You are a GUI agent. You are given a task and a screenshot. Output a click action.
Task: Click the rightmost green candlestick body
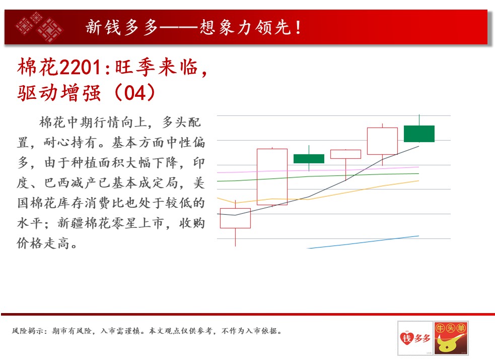419,134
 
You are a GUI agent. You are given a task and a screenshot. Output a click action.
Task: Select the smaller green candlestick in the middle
309,159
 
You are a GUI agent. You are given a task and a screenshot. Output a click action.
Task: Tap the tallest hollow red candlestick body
272,177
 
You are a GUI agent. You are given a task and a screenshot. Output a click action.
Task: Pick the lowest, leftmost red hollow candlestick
235,218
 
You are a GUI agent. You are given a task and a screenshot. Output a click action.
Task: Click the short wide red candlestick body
345,154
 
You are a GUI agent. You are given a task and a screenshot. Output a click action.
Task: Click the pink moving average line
318,170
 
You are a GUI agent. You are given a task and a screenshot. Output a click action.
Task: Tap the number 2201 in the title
80,68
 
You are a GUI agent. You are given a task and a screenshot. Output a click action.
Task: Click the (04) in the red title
135,93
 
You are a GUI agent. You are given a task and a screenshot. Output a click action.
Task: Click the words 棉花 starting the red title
38,67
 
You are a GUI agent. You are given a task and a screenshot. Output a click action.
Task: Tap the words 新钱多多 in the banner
121,27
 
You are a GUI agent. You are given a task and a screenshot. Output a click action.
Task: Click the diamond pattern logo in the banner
39,27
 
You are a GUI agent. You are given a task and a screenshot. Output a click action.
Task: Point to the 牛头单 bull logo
451,338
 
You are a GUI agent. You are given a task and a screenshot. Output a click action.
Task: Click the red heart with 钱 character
406,338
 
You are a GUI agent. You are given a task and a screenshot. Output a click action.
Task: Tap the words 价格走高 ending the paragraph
43,244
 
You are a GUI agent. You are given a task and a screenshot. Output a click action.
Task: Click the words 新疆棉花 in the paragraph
84,223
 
